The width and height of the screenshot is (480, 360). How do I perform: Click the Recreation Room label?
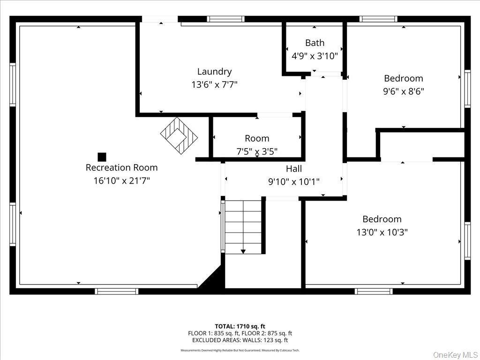click(121, 167)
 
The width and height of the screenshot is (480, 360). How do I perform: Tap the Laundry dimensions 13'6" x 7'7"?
click(214, 85)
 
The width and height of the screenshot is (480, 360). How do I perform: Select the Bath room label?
click(315, 43)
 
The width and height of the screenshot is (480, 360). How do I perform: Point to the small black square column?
click(102, 157)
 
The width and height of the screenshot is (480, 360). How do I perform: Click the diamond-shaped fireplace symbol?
click(179, 135)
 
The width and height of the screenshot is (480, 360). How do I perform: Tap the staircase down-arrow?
click(243, 252)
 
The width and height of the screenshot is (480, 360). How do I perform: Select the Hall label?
click(294, 169)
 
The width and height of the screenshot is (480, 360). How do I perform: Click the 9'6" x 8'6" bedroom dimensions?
click(403, 91)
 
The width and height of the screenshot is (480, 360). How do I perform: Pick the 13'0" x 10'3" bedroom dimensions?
click(382, 232)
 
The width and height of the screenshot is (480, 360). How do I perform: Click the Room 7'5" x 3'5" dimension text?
click(257, 151)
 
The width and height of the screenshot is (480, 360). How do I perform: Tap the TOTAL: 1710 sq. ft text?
click(240, 326)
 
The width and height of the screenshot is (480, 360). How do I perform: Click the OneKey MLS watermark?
click(455, 354)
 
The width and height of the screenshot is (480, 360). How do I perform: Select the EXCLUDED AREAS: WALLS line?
click(240, 340)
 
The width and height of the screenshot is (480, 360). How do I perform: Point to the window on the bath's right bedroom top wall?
click(378, 19)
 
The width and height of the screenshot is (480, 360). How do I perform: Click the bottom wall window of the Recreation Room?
click(116, 291)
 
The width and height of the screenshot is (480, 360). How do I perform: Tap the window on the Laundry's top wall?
click(226, 19)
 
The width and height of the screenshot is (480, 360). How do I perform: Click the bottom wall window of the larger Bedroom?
click(374, 291)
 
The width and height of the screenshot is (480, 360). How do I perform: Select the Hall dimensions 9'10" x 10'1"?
click(294, 181)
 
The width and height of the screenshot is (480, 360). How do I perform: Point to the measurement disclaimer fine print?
click(240, 350)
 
